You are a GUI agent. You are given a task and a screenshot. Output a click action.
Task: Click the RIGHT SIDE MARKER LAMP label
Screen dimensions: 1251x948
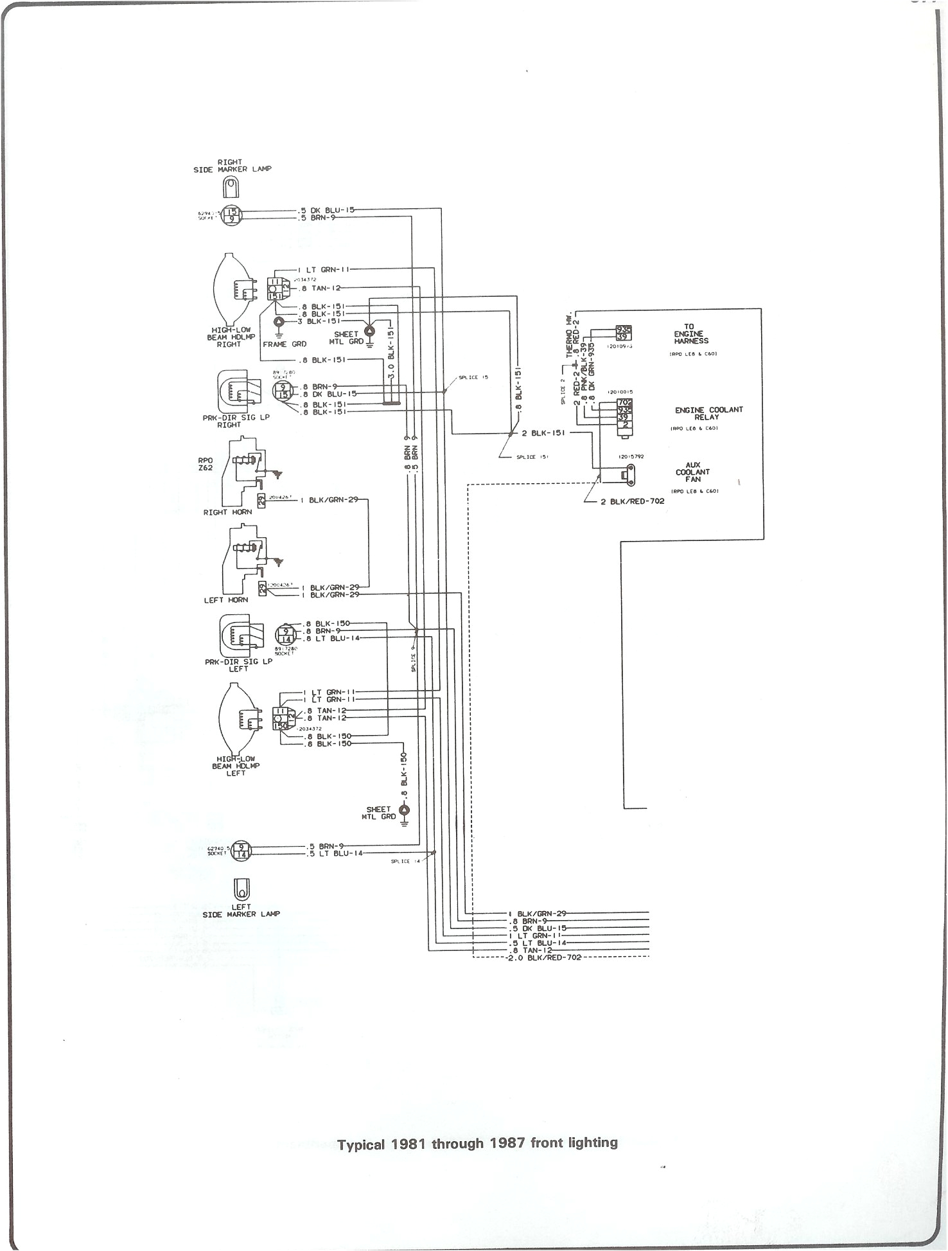[232, 166]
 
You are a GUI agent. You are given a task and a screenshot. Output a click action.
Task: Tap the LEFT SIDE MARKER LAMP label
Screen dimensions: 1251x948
[241, 910]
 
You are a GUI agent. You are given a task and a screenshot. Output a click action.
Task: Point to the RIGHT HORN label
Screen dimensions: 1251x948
[227, 512]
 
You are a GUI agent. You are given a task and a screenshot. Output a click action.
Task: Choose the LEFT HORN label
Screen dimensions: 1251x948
[226, 600]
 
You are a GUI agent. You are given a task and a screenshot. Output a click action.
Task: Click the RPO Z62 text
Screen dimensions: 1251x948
[206, 464]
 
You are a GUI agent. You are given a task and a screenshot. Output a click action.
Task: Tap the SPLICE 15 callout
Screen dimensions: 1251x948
[473, 377]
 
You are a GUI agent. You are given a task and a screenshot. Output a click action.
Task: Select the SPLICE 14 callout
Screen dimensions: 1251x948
[405, 861]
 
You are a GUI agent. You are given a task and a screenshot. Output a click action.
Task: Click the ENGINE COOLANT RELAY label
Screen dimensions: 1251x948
[708, 413]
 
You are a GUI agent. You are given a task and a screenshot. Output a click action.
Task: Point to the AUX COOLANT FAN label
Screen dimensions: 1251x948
[692, 472]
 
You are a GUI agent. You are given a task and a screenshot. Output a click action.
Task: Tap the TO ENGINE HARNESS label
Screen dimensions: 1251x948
[690, 334]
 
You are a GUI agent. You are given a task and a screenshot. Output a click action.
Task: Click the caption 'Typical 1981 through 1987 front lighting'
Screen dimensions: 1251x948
[477, 1144]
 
